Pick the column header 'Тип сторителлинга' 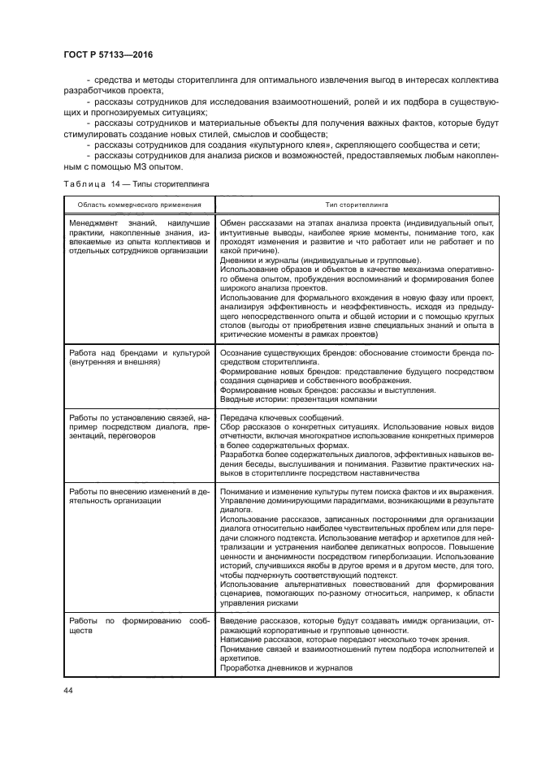click(x=357, y=205)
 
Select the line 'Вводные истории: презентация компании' click(x=298, y=399)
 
